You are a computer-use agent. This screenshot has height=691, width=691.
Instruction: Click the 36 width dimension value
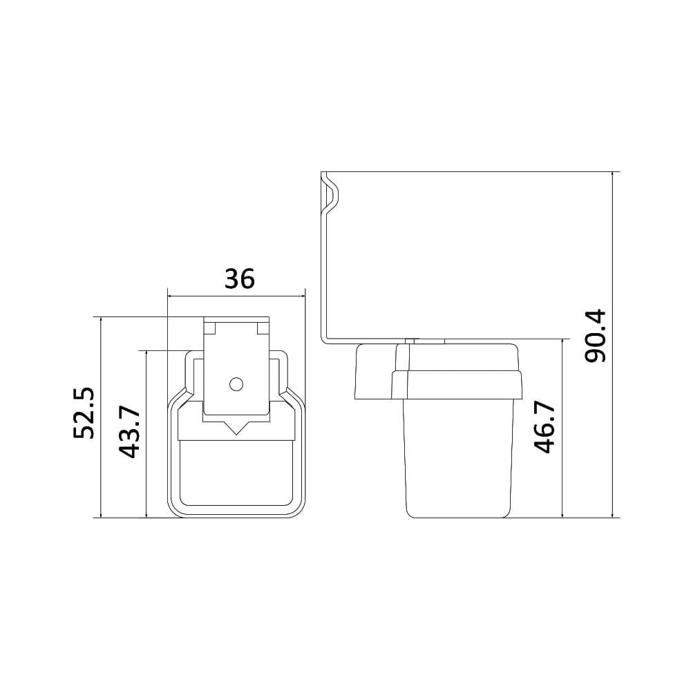click(x=240, y=278)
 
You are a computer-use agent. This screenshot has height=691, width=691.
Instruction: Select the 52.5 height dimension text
click(x=84, y=413)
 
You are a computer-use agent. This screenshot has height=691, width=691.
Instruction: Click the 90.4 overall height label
click(x=595, y=336)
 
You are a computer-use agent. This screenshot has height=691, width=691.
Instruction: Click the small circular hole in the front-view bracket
click(x=236, y=384)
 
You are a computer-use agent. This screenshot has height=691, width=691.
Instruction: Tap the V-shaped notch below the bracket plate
click(x=236, y=428)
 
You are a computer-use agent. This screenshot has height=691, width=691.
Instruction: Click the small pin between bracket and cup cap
click(x=411, y=341)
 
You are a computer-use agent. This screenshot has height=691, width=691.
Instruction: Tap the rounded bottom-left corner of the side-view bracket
click(x=324, y=339)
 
